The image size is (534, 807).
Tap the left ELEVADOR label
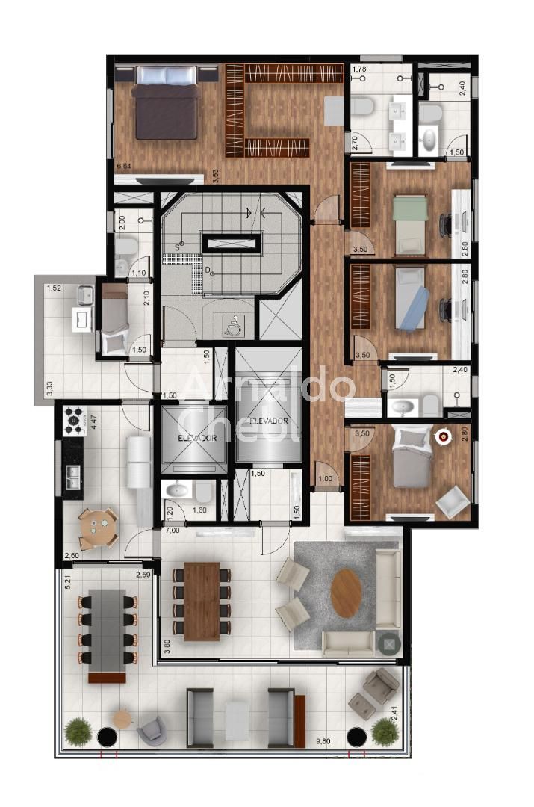click(194, 439)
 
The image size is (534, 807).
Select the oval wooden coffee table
click(346, 593)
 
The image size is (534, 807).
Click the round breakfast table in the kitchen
click(99, 528)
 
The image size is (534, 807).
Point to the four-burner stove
click(75, 420)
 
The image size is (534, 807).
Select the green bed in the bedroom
click(409, 224)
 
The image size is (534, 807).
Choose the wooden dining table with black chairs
click(202, 601)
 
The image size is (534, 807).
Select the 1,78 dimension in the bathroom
click(358, 70)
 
